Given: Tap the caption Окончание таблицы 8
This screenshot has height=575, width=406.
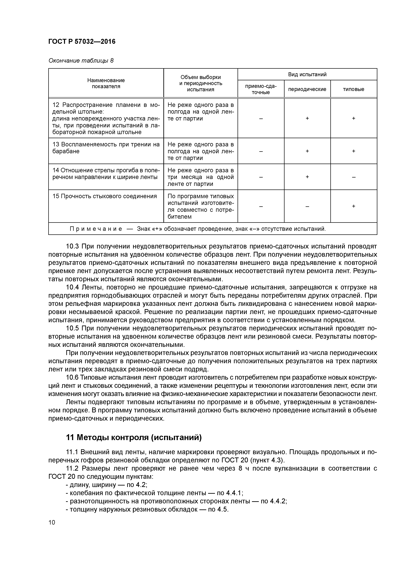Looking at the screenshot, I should click(x=81, y=61).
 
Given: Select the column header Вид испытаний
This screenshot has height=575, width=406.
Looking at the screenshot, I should click(x=307, y=74).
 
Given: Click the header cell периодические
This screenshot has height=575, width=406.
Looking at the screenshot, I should click(x=307, y=89).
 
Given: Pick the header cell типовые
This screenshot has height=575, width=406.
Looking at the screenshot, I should click(x=353, y=89).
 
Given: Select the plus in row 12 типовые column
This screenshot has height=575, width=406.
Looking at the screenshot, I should click(x=353, y=118).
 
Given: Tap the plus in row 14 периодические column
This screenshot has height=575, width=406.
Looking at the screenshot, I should click(x=307, y=177).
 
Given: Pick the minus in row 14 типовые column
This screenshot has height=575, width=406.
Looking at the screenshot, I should click(x=353, y=177).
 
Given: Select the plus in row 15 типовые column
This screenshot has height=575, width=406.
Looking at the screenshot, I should click(x=353, y=206).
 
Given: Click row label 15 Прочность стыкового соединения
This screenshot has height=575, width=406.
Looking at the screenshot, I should click(x=105, y=196).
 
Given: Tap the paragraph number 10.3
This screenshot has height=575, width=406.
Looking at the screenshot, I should click(x=72, y=246).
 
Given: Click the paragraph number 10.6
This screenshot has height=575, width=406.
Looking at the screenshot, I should click(x=72, y=378).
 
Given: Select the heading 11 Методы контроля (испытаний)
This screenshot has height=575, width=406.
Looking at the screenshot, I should click(x=134, y=437).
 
